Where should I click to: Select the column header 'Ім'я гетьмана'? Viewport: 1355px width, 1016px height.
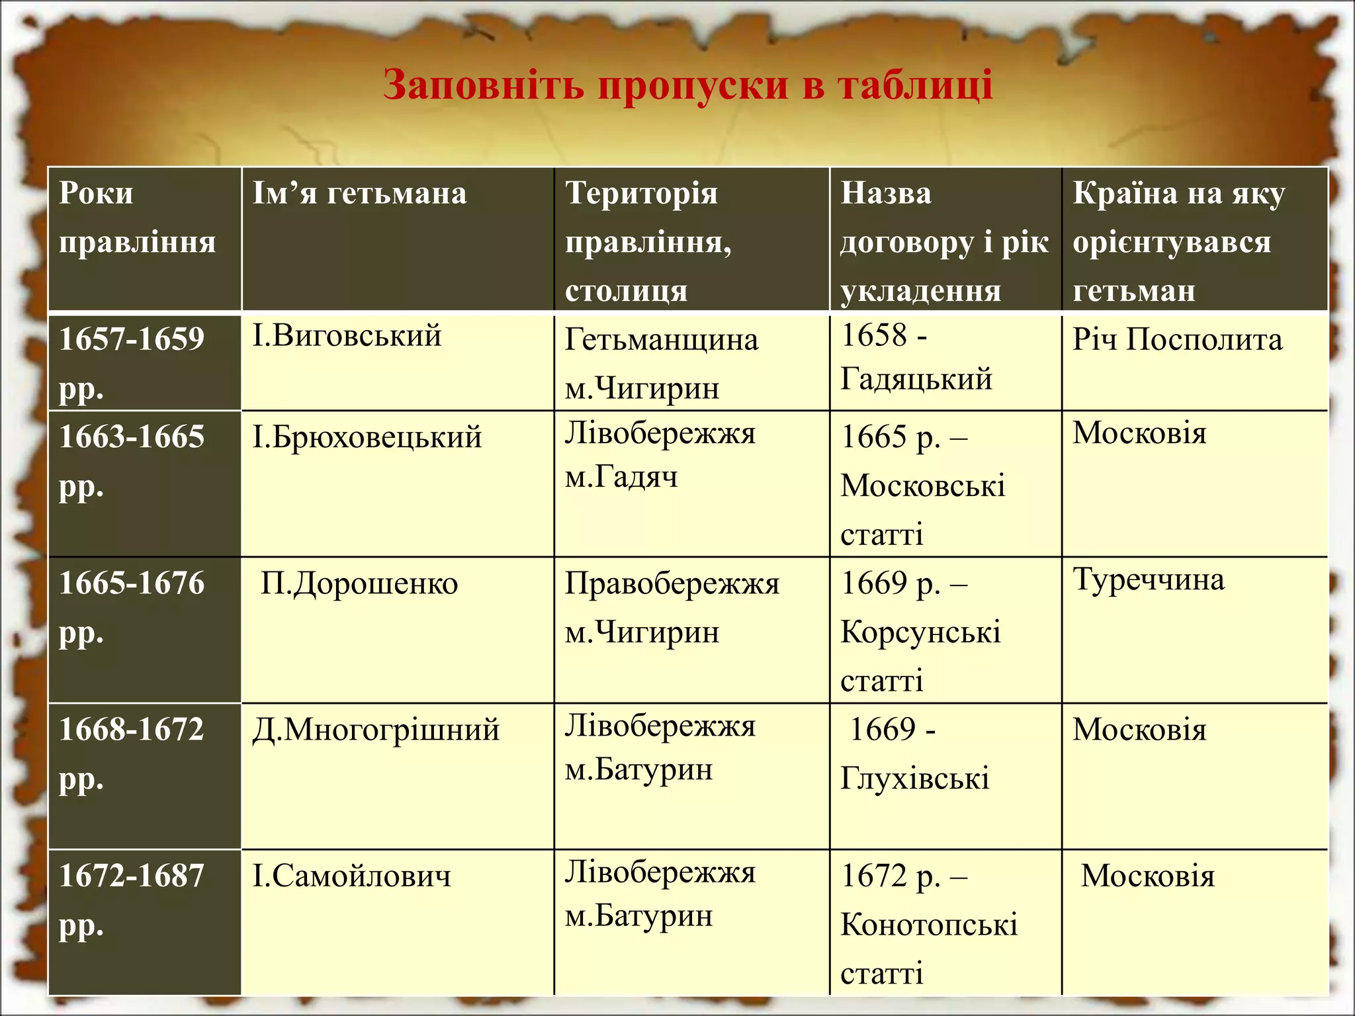[x=359, y=194]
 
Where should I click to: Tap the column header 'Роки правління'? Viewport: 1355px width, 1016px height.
[x=137, y=218]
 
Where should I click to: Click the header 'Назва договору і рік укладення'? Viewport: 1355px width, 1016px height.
[x=944, y=242]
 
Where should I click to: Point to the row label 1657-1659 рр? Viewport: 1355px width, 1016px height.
[x=132, y=362]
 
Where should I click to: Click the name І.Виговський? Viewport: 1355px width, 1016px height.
[x=347, y=336]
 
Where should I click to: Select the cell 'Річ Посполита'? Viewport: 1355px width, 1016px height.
[x=1177, y=340]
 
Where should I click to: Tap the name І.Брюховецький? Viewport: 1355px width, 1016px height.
[x=367, y=438]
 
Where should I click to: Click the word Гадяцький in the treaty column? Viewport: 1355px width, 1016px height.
[x=916, y=380]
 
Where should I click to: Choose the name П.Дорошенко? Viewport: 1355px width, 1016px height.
[x=359, y=584]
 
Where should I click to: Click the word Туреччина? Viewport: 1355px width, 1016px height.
[x=1149, y=580]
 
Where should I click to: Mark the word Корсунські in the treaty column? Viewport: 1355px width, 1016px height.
[x=920, y=633]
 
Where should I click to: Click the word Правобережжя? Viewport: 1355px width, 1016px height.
[x=672, y=584]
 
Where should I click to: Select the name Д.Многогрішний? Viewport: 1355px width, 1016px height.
[x=375, y=730]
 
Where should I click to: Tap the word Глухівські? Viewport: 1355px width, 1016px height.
[x=915, y=779]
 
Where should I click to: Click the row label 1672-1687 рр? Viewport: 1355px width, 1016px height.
[x=132, y=899]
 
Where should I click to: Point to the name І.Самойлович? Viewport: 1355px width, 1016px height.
[x=351, y=876]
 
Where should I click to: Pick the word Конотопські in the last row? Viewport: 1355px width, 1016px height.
[x=929, y=925]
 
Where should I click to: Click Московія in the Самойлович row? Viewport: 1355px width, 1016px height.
[x=1148, y=876]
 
